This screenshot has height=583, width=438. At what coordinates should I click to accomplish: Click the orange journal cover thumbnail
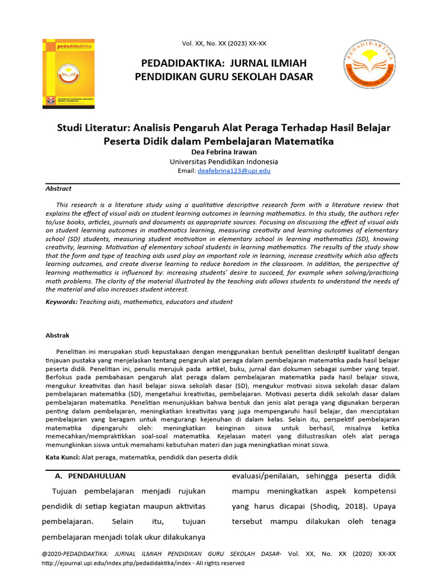point(68,73)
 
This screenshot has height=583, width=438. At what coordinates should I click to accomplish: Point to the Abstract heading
point(58,188)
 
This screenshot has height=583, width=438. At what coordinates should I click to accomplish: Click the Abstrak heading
point(57,335)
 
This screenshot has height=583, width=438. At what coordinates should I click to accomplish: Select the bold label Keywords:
point(62,302)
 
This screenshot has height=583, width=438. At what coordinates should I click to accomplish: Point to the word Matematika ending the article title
point(305,140)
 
